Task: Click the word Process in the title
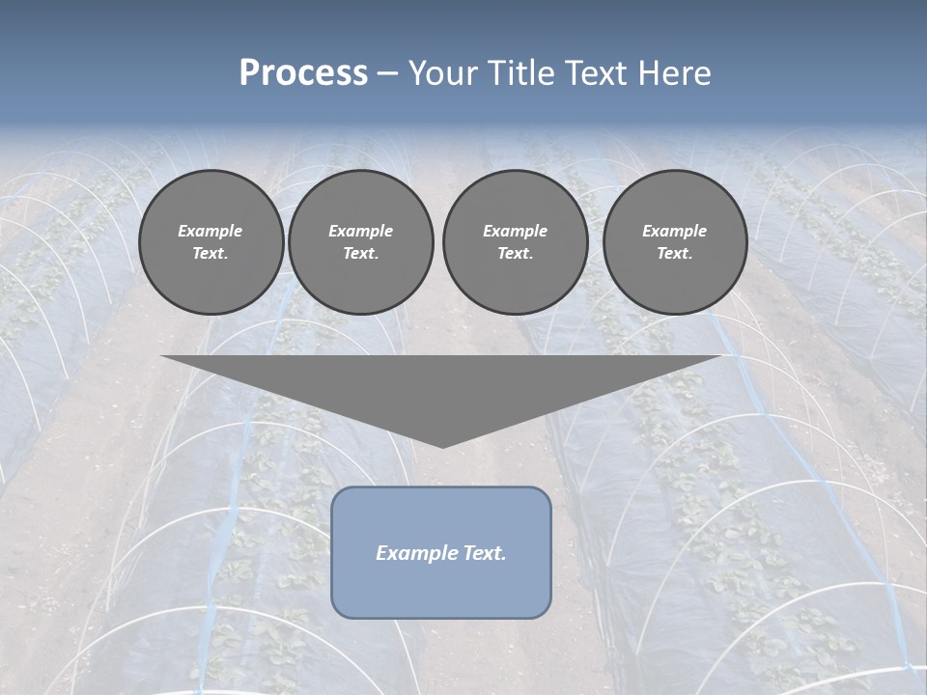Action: (x=303, y=73)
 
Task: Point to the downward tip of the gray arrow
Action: (x=442, y=446)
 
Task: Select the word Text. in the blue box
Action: (x=482, y=553)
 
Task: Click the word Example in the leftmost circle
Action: (x=211, y=231)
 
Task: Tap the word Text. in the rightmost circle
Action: (x=675, y=254)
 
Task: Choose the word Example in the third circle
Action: (x=515, y=231)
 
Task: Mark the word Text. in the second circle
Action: (x=360, y=254)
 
